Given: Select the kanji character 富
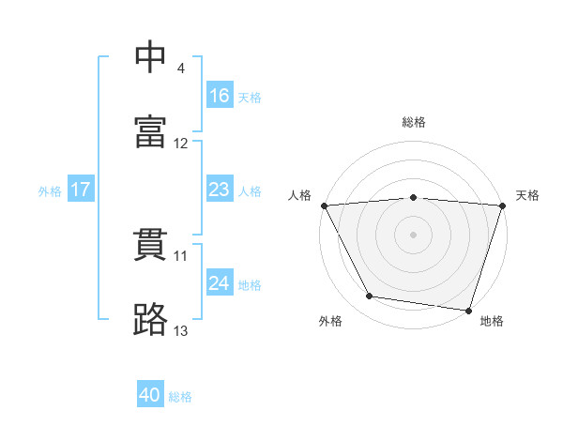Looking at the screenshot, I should click(x=151, y=131).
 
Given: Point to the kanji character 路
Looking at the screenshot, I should click(x=151, y=319).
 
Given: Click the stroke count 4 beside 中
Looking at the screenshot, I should click(x=181, y=68).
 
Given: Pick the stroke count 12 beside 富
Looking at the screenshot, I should click(x=181, y=144).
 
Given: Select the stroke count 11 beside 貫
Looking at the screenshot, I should click(x=181, y=255).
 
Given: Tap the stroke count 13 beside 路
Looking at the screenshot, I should click(x=181, y=330).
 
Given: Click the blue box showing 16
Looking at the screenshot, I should click(x=220, y=96).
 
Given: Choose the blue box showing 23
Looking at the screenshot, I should click(x=220, y=190).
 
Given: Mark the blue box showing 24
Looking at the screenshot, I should click(x=220, y=283).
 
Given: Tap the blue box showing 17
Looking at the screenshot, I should click(x=81, y=190).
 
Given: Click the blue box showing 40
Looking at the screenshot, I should click(x=150, y=396).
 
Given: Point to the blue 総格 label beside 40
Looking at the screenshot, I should click(x=180, y=397).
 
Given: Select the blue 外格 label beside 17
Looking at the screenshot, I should click(x=50, y=190).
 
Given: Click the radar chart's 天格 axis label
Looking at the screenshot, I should click(x=527, y=195).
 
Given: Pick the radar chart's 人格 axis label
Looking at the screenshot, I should click(x=301, y=195).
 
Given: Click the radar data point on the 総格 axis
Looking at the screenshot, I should click(x=414, y=197).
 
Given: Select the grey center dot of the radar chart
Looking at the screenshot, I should click(x=414, y=235).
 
